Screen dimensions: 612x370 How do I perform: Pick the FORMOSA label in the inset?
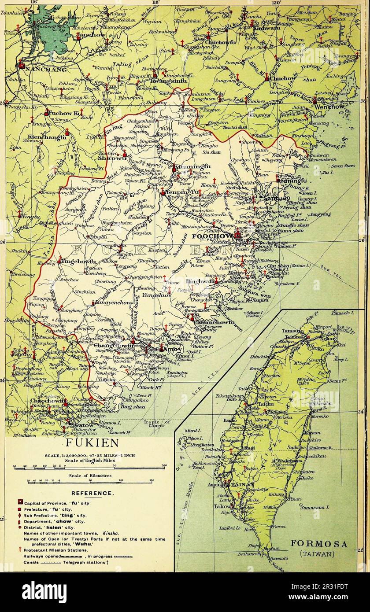pos(319,544)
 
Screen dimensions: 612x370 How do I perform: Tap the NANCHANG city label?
pos(46,69)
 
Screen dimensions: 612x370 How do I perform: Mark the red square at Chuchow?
pos(266,79)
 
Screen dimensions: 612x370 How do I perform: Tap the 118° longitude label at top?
pos(155,2)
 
